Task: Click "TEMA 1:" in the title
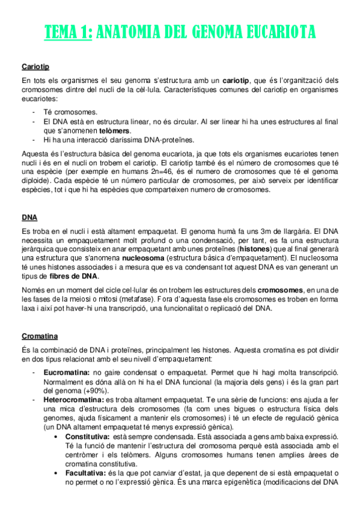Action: (69, 31)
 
